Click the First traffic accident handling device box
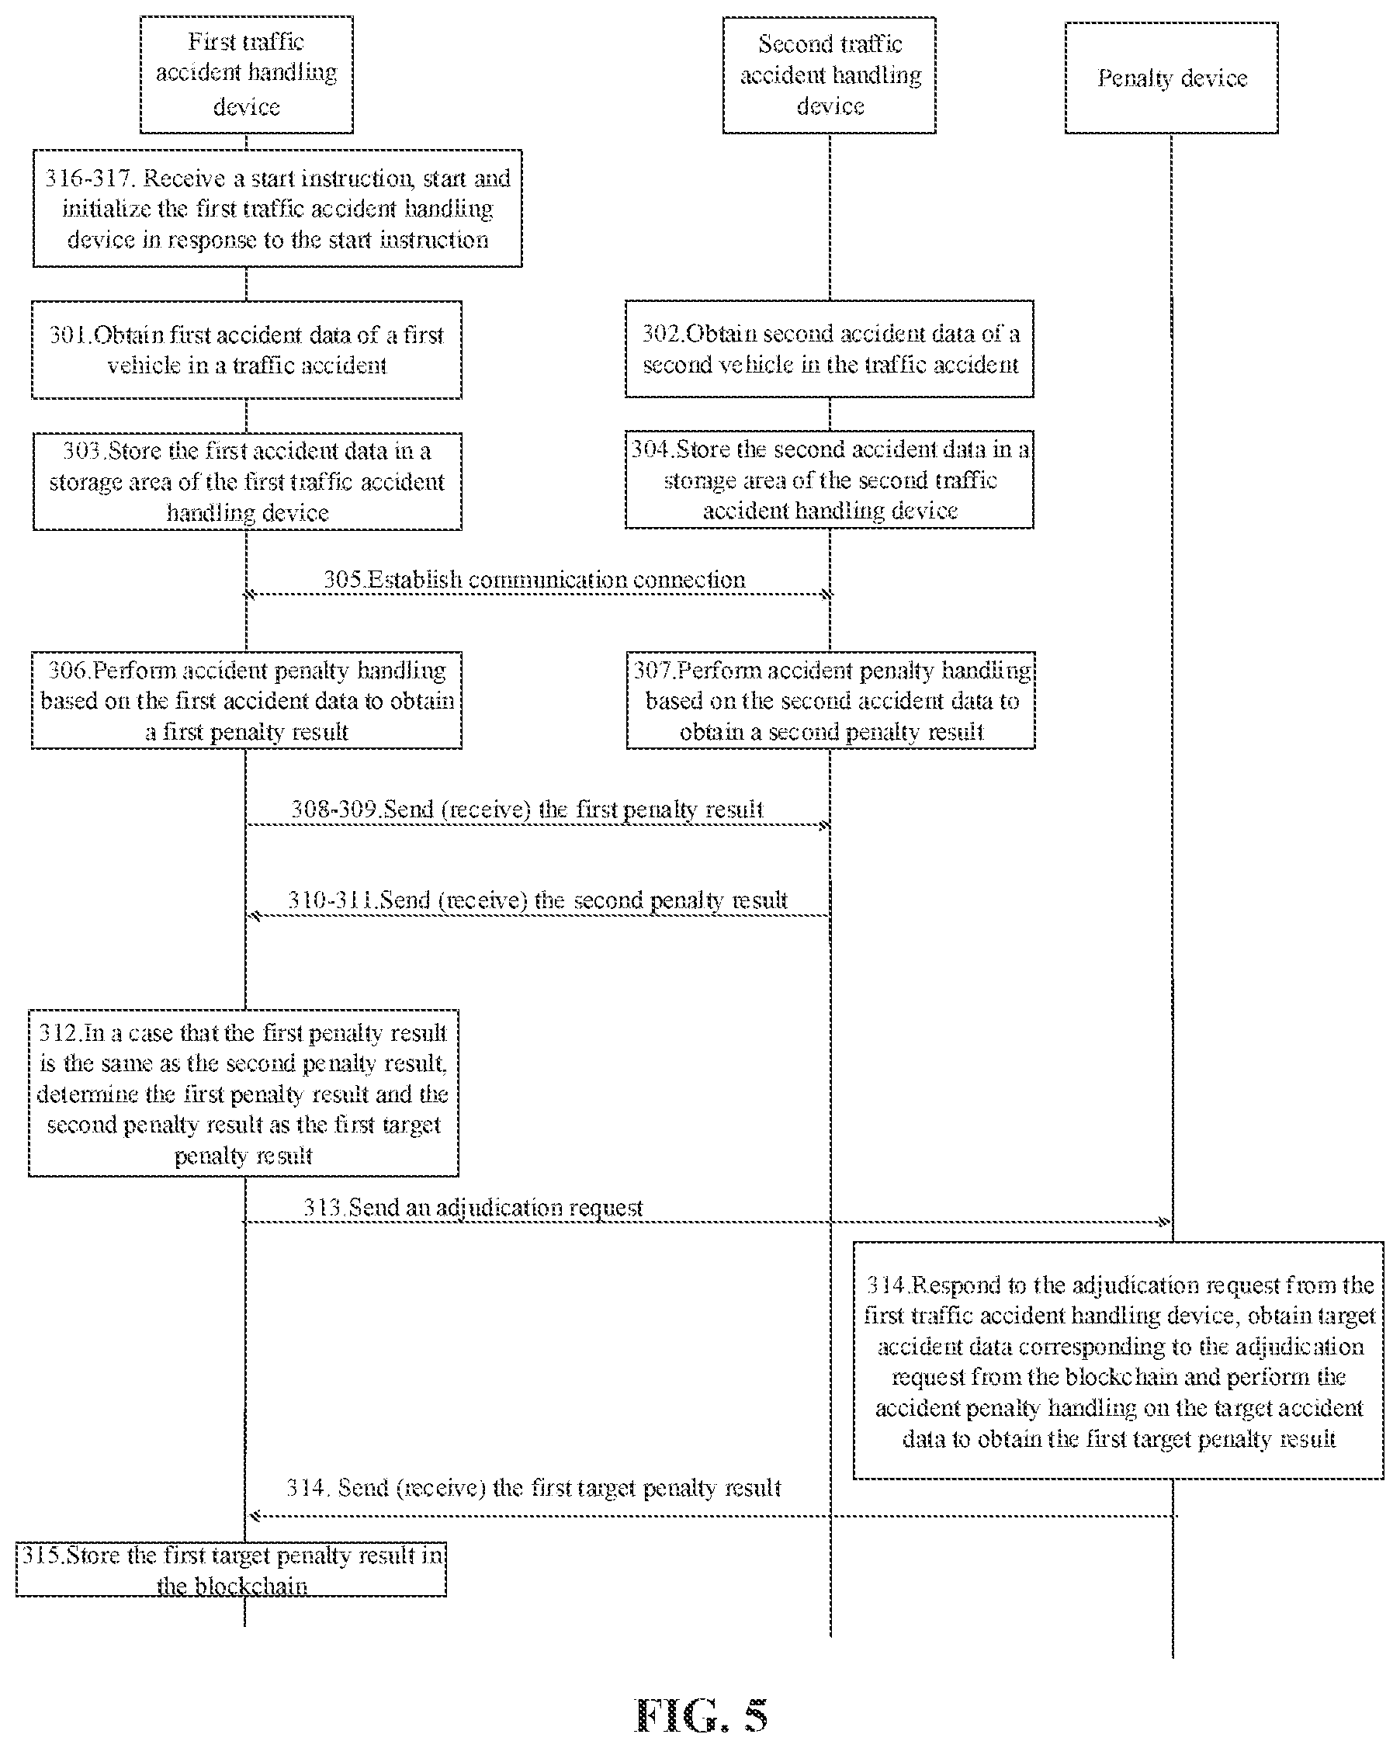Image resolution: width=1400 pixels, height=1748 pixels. click(247, 75)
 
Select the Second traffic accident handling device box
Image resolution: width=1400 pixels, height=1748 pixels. click(830, 75)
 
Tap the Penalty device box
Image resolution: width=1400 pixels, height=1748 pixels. click(1171, 78)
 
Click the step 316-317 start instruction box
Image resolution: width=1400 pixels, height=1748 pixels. click(277, 208)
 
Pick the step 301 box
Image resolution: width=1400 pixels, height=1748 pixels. click(247, 349)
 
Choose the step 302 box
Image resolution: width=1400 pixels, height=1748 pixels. click(830, 349)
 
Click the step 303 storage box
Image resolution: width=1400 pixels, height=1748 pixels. click(248, 481)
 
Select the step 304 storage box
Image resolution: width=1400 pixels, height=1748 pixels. click(830, 480)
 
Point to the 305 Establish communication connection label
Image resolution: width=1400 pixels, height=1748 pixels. click(534, 580)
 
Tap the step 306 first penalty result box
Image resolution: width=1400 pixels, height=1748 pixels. click(247, 700)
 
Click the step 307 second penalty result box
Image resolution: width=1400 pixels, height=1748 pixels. click(830, 700)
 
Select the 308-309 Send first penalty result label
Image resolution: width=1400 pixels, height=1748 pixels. click(527, 809)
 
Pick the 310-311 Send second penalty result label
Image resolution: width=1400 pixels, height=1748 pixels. click(538, 900)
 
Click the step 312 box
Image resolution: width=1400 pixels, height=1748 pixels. click(243, 1093)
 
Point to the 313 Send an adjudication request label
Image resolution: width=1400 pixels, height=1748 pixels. click(473, 1207)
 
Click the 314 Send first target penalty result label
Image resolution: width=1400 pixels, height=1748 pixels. click(533, 1488)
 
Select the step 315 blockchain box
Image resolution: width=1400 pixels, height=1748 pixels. click(231, 1569)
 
